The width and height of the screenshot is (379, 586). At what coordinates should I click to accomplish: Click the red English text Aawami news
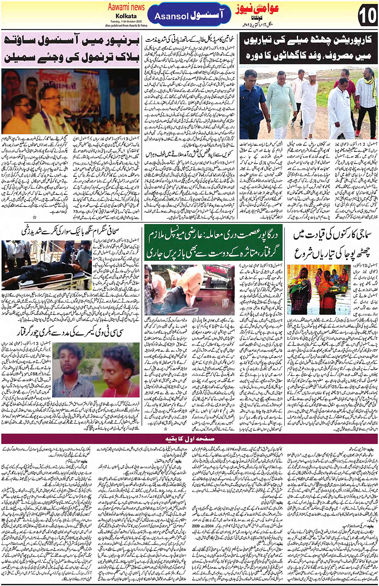pos(126,7)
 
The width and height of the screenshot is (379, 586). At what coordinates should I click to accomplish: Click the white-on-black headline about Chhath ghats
pos(309,48)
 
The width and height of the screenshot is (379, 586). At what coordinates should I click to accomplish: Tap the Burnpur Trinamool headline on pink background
pos(71,49)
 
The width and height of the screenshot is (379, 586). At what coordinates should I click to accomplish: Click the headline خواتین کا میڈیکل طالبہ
pos(189,40)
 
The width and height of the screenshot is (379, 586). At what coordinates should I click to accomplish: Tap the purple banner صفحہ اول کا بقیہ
pos(189,438)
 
